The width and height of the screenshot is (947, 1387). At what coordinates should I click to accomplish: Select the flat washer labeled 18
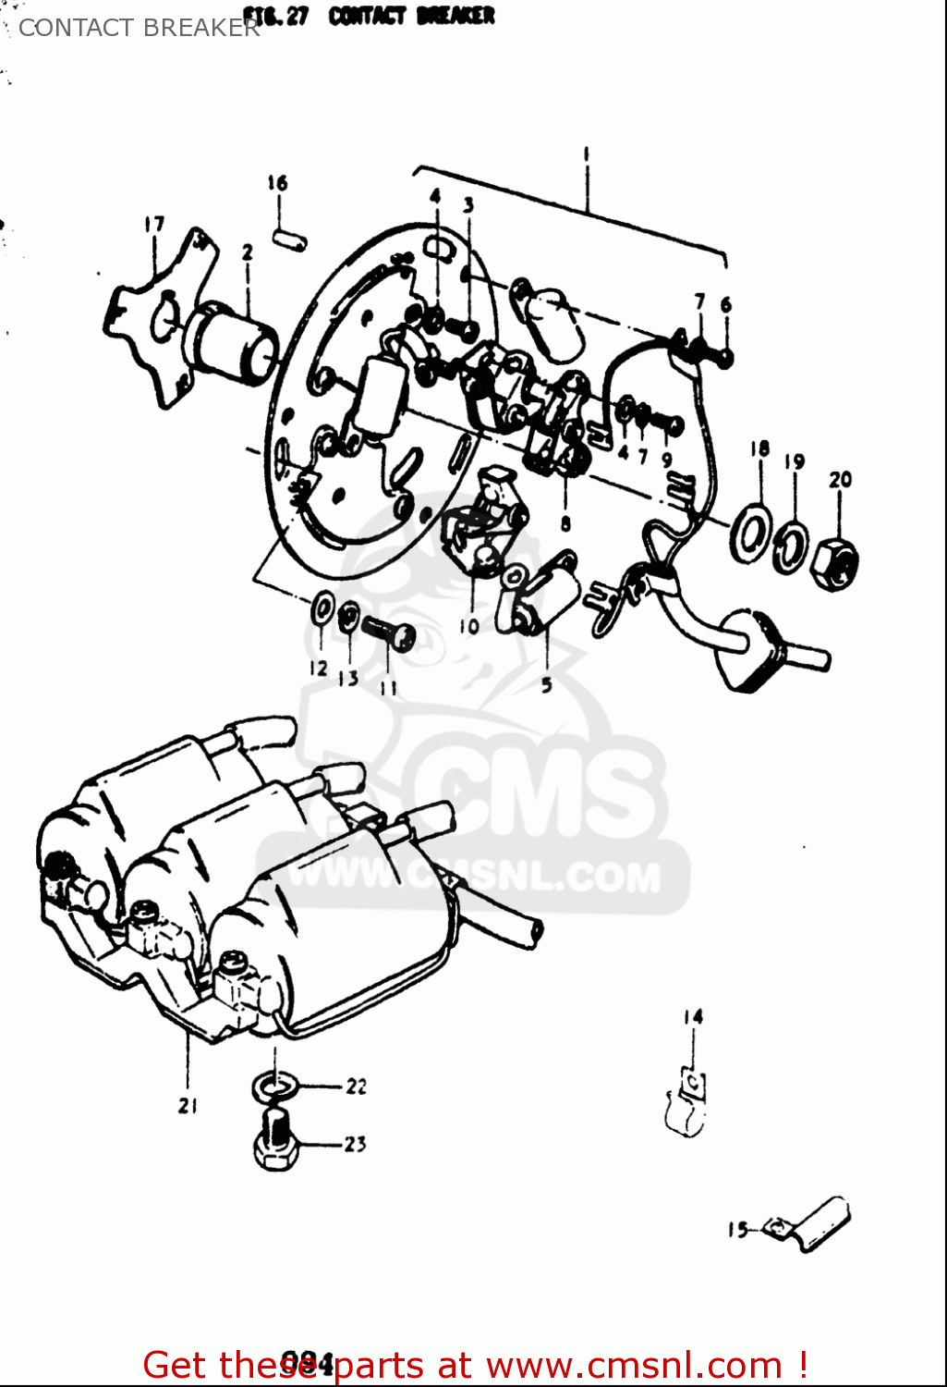[753, 534]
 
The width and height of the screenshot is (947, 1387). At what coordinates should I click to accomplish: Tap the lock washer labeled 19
[790, 547]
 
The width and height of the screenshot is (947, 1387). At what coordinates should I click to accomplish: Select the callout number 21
[188, 1105]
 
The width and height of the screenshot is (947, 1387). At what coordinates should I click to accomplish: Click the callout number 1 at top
[586, 154]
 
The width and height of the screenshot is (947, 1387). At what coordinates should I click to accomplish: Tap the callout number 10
[468, 626]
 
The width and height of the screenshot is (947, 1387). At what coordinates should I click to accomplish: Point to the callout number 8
[565, 523]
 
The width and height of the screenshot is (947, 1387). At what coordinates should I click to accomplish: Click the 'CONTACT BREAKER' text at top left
[139, 28]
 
